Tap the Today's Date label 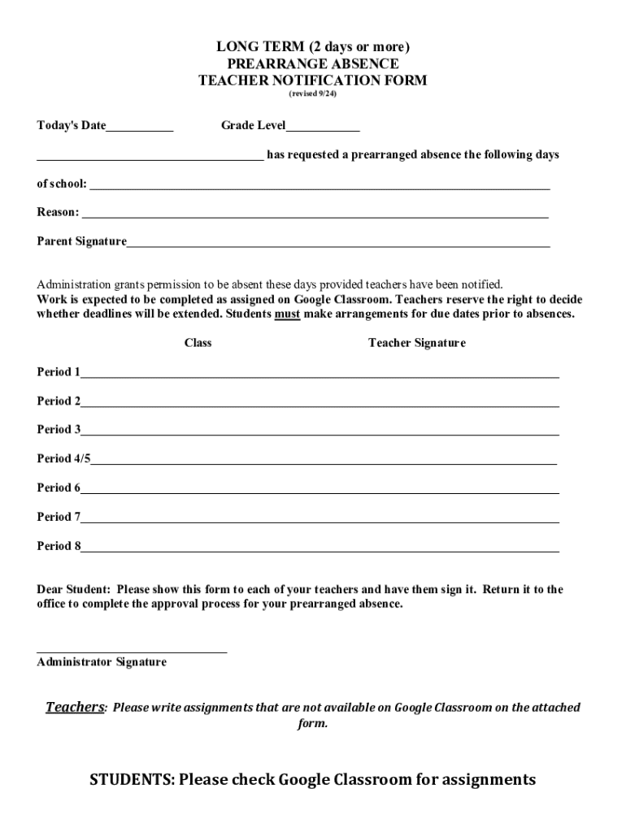click(72, 126)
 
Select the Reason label click(58, 212)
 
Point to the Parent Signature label click(81, 241)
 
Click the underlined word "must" click(287, 314)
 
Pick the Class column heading click(198, 343)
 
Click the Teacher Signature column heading click(416, 343)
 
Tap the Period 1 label click(59, 372)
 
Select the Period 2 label click(59, 401)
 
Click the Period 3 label click(59, 430)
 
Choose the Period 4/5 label click(63, 459)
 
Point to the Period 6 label click(59, 488)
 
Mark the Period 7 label click(59, 517)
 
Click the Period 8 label click(59, 546)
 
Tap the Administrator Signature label click(102, 662)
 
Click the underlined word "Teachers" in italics click(75, 707)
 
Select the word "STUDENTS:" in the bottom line click(132, 780)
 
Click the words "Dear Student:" click(73, 590)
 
